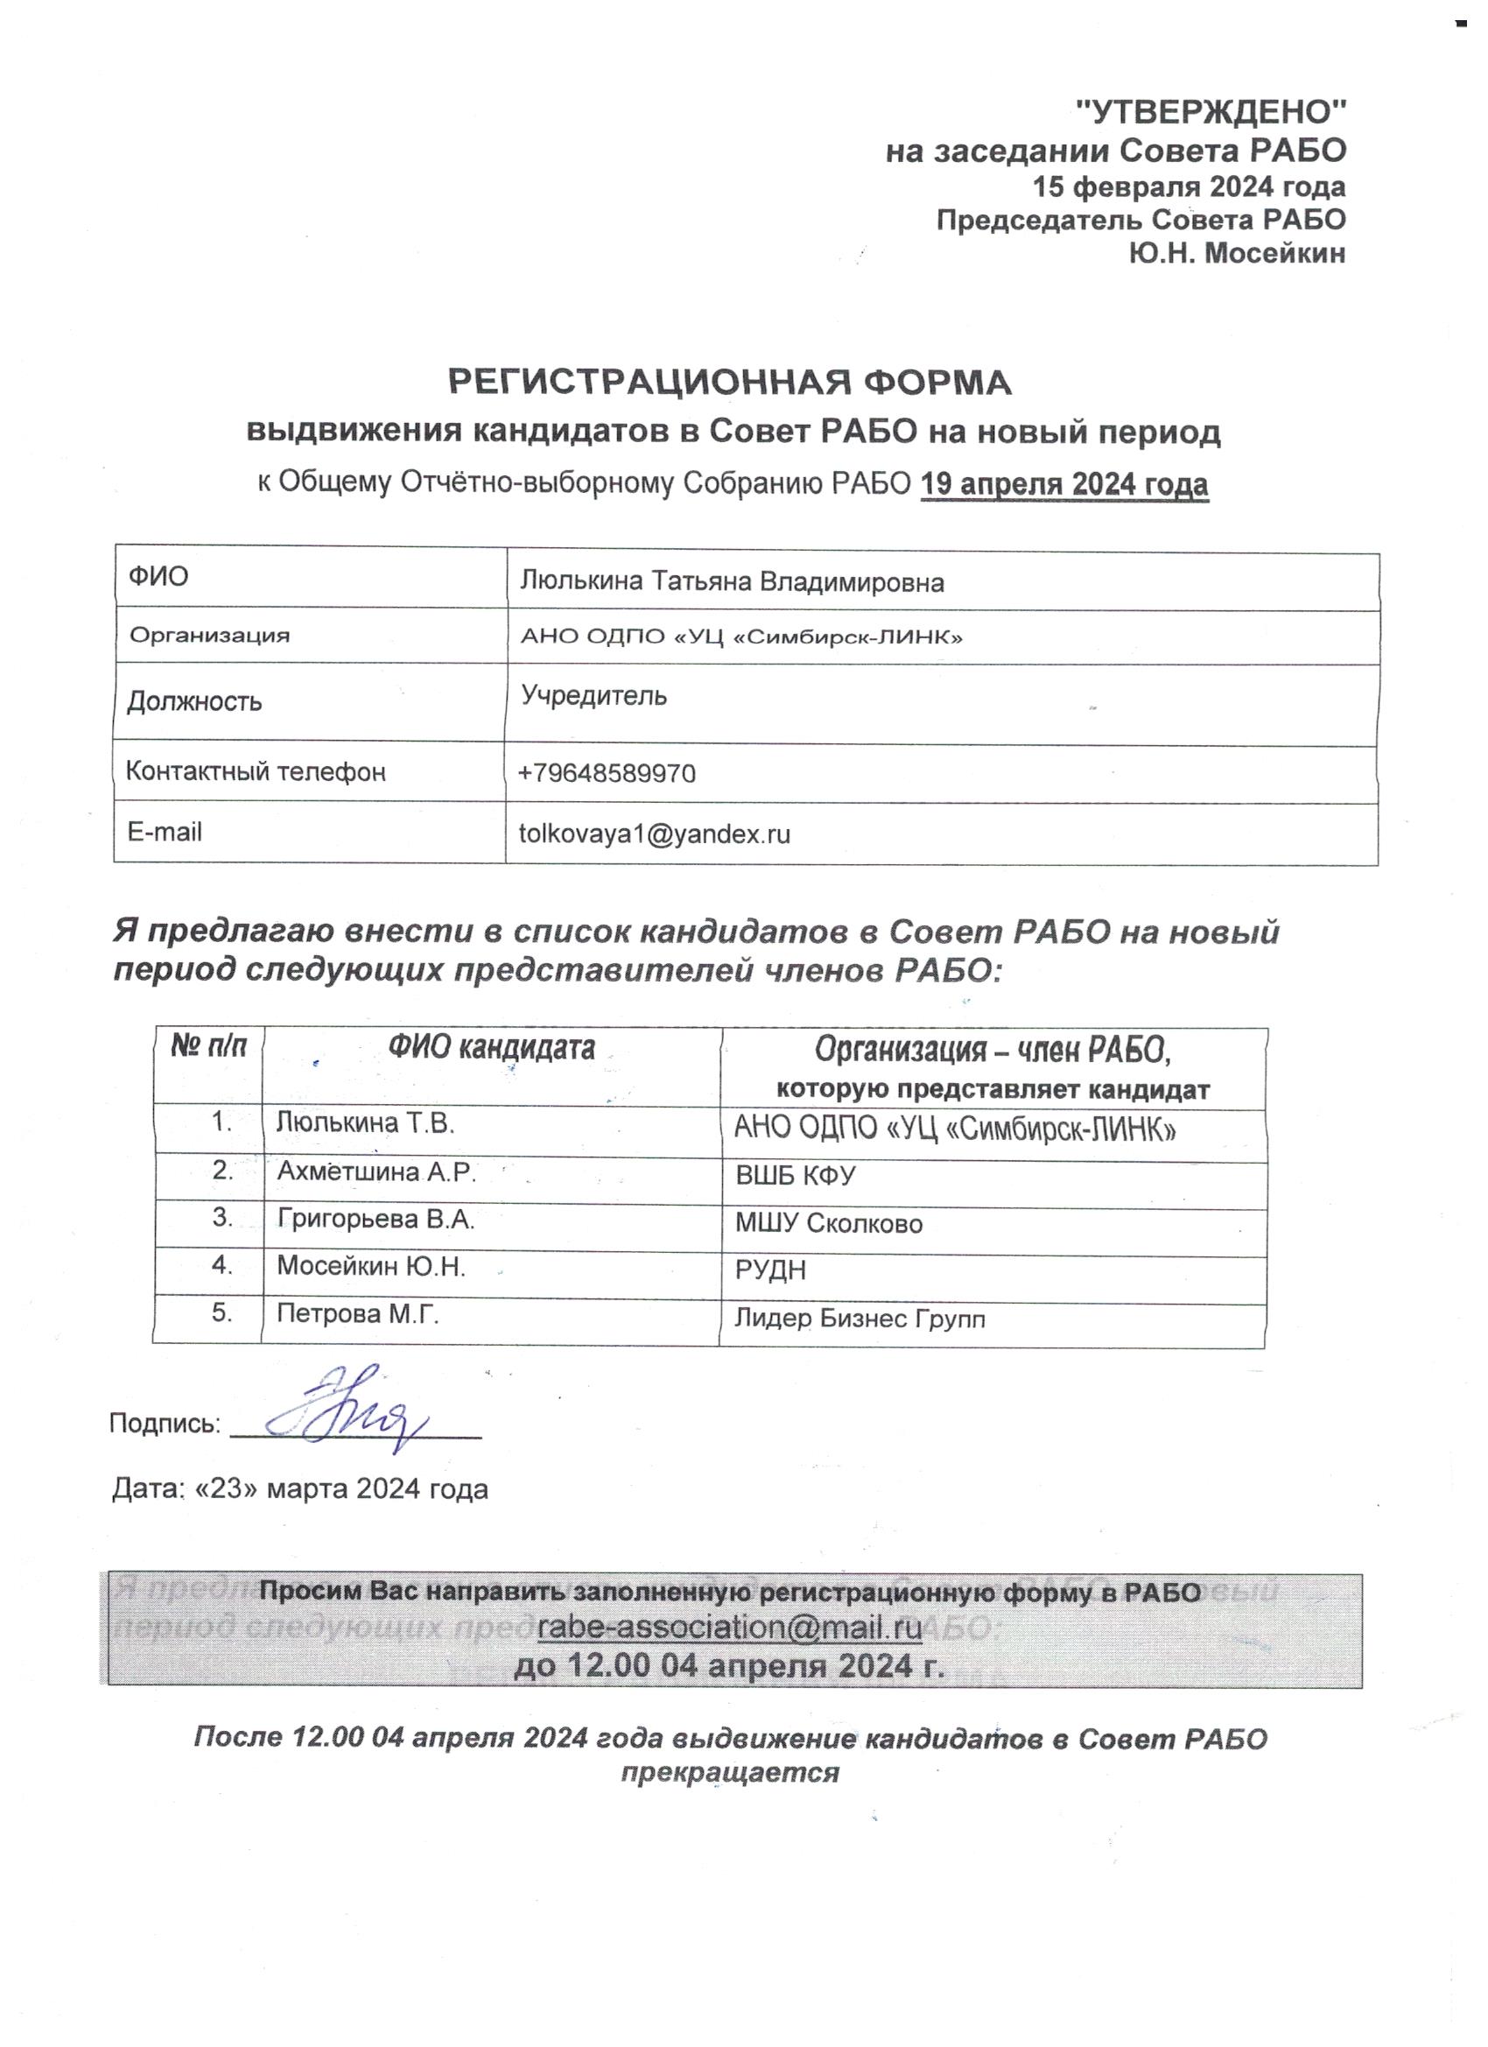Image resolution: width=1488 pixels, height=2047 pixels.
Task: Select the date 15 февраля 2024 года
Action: coord(1189,186)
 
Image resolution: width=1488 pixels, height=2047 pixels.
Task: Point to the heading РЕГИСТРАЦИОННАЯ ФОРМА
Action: coord(730,383)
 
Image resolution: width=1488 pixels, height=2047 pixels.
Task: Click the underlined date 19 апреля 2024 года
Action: coord(1063,484)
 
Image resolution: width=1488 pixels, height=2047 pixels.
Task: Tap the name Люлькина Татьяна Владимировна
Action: coord(732,582)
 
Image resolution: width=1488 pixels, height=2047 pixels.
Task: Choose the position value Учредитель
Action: coord(593,696)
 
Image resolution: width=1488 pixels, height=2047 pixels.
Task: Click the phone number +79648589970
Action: coord(607,773)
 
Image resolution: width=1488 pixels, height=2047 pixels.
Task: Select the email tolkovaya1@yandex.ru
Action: coord(654,833)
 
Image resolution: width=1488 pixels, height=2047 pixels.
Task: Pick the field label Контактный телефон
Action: coord(256,771)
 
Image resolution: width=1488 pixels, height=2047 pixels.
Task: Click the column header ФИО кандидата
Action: coord(492,1048)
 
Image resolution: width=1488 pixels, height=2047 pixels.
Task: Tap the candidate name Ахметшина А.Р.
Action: coord(376,1171)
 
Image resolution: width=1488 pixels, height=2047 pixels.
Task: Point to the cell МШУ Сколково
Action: coord(828,1224)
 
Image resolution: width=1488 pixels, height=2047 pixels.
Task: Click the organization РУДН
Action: coord(769,1270)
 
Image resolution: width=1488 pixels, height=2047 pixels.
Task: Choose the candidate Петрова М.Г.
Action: coord(357,1314)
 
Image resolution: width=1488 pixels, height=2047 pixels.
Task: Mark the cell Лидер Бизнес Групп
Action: coord(859,1319)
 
